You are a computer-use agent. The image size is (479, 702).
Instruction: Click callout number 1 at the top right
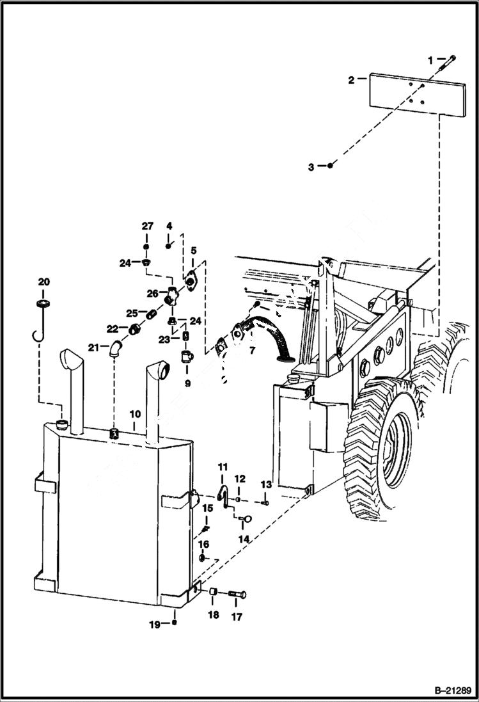tap(430, 60)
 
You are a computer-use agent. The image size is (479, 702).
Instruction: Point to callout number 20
tap(43, 282)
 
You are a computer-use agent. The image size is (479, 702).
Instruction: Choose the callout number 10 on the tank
tap(134, 413)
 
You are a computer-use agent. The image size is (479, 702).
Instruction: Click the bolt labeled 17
tap(236, 594)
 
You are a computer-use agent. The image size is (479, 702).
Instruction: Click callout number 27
tap(148, 227)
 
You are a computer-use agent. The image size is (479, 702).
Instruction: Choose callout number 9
tap(188, 384)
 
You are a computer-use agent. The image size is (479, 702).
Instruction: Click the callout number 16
tap(203, 545)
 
